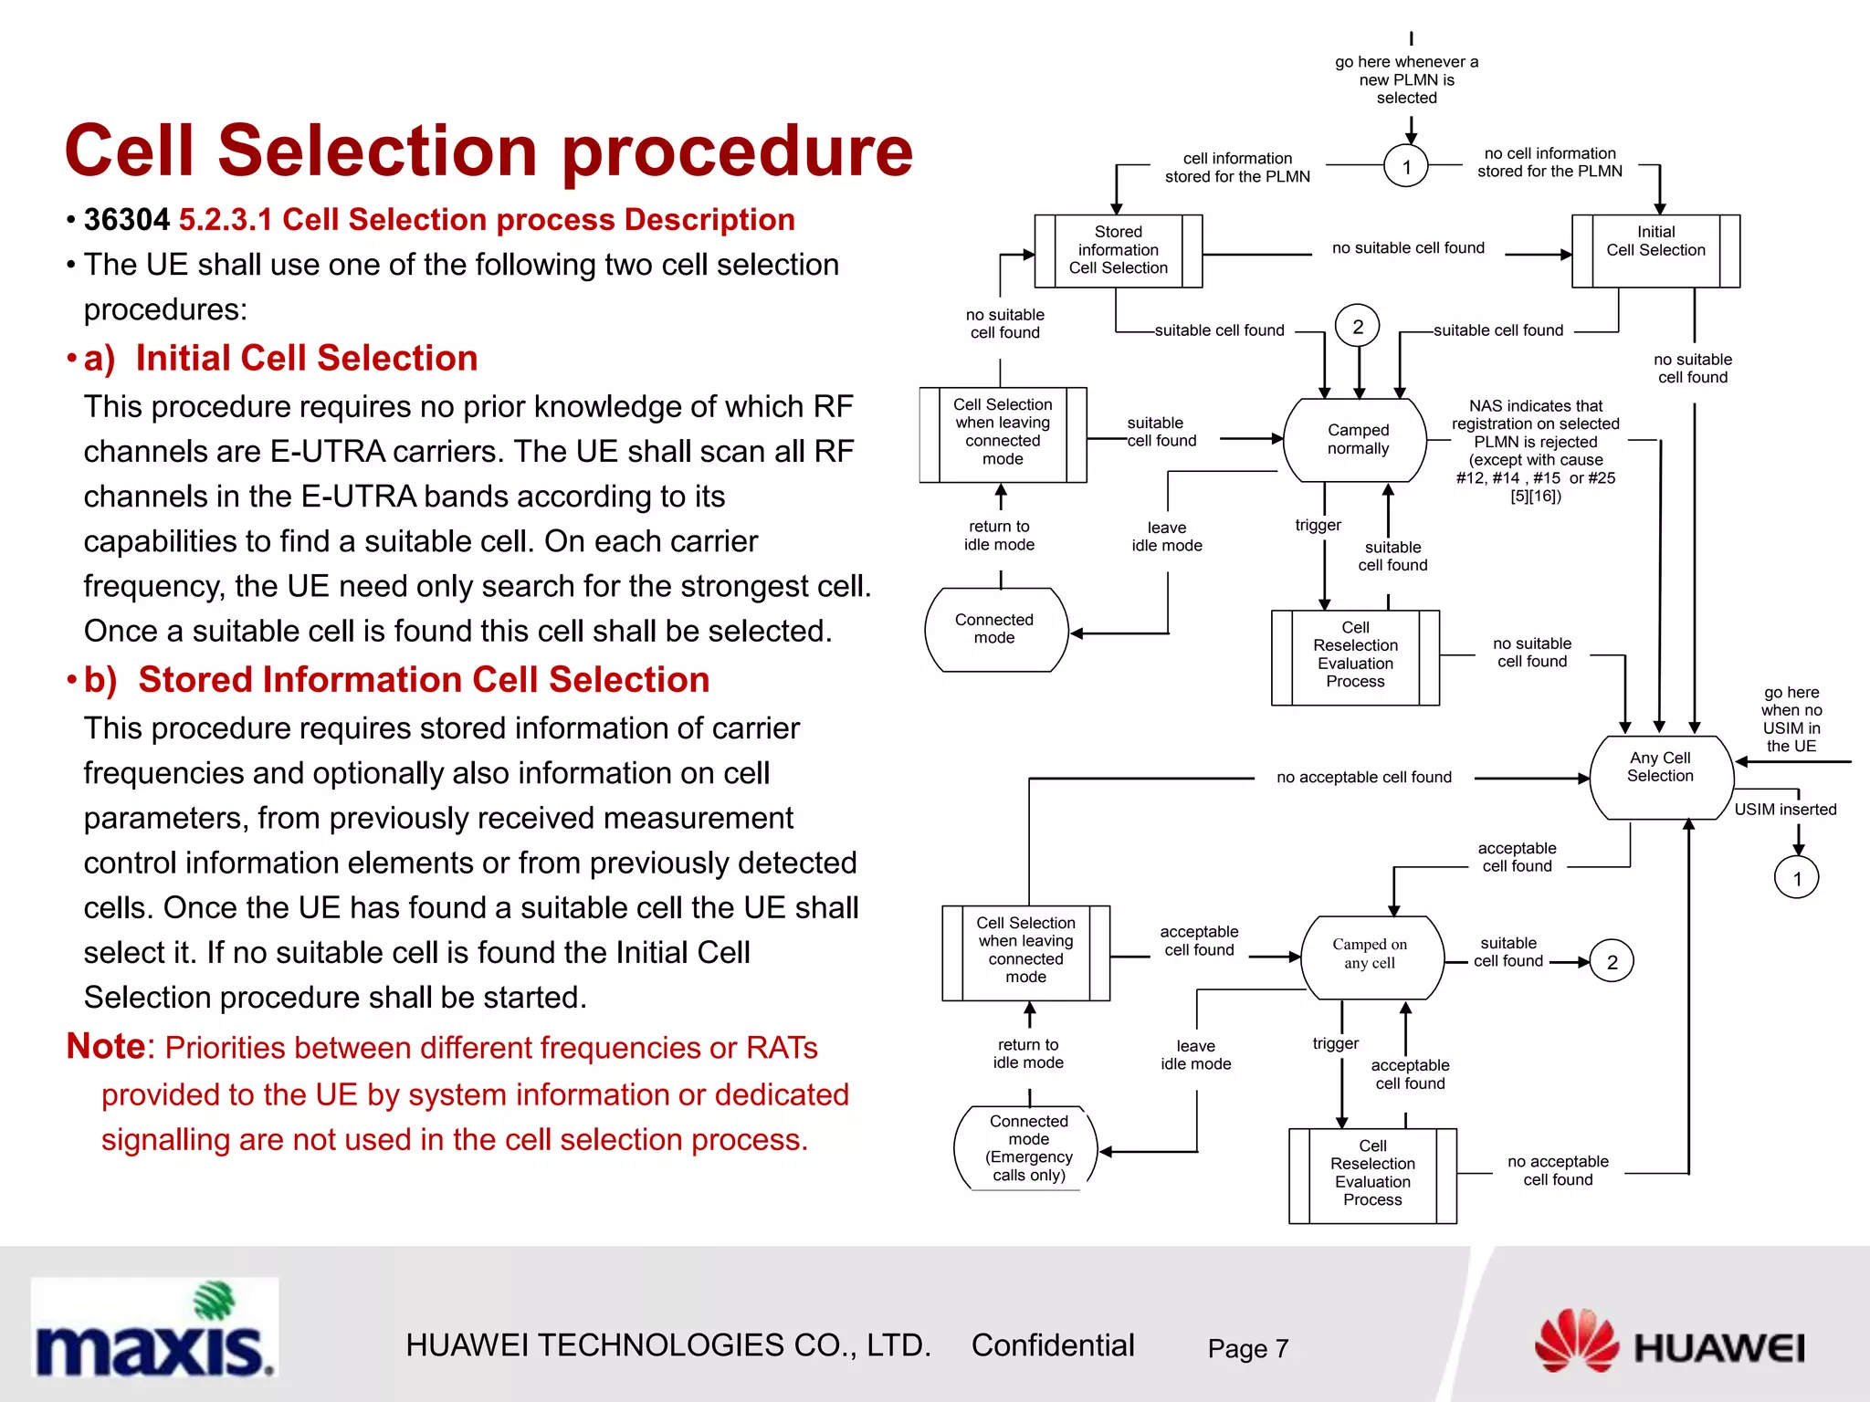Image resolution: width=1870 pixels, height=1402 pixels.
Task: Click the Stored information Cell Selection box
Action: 1118,250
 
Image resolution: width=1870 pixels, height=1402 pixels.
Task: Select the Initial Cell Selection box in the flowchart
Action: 1655,250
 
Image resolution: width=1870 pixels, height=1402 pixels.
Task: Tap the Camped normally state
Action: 1357,439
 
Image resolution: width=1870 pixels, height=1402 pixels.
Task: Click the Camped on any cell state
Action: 1370,956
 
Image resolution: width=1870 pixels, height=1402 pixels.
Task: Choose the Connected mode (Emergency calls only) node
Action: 1027,1147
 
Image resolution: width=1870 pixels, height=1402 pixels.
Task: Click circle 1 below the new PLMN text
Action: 1406,167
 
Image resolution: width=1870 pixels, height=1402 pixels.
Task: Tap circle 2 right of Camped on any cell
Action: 1612,962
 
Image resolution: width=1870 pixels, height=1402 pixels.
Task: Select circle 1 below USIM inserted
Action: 1796,878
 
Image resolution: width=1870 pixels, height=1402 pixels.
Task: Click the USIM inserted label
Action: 1785,809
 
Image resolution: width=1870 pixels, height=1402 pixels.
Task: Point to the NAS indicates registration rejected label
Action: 1535,450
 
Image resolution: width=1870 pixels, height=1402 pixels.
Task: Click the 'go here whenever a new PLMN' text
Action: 1406,79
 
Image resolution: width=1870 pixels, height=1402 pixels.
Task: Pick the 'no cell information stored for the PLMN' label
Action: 1550,162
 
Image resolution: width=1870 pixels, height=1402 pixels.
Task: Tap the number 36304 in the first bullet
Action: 126,220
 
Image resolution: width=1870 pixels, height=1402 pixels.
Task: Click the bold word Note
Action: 105,1046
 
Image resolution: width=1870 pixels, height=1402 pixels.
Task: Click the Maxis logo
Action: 154,1328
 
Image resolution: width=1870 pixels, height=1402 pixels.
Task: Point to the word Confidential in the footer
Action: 1052,1345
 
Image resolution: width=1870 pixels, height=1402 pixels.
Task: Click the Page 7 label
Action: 1247,1348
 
